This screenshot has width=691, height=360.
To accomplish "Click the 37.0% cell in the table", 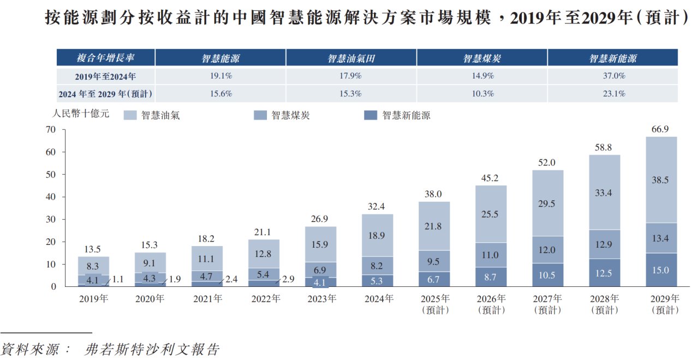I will click(x=612, y=76).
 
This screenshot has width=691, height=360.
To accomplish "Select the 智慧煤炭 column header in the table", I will click(x=481, y=58).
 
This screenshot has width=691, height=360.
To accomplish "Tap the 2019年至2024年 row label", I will click(x=105, y=76).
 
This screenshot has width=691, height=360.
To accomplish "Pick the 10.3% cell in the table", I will click(x=481, y=94).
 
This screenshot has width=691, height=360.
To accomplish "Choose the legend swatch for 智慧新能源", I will click(x=371, y=115).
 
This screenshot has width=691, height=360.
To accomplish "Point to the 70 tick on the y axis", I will click(x=51, y=130).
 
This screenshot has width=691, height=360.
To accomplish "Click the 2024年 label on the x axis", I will click(x=378, y=299).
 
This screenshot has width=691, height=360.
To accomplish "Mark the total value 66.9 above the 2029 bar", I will click(x=661, y=129).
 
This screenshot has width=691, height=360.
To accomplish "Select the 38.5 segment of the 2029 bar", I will click(x=661, y=180).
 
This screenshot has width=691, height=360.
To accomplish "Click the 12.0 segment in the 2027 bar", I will click(x=547, y=250).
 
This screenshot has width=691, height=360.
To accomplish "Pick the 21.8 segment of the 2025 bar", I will click(x=434, y=226).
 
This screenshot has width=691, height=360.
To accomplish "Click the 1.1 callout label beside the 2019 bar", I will click(x=117, y=279).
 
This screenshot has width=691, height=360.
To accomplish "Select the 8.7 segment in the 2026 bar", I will click(x=491, y=277).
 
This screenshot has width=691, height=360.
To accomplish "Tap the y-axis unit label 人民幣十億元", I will click(x=81, y=115).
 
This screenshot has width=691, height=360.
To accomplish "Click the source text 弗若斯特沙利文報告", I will click(x=153, y=349).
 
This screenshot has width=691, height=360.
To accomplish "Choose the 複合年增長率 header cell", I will click(x=105, y=58).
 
